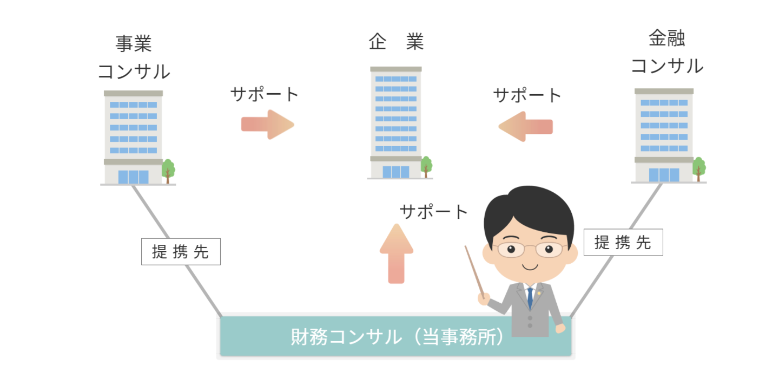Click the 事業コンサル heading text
point(133,58)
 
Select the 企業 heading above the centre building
point(396,42)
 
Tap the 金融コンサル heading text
point(666,53)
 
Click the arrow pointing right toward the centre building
point(268,125)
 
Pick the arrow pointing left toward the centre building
point(525,126)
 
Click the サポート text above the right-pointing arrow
point(264,94)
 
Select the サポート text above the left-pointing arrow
point(527,95)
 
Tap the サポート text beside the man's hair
point(433,212)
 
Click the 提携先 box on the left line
point(181,252)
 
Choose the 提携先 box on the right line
point(623,242)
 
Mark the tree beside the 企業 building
point(427,166)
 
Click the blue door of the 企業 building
point(396,172)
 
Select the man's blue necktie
point(531,297)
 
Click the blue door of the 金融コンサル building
point(664,174)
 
